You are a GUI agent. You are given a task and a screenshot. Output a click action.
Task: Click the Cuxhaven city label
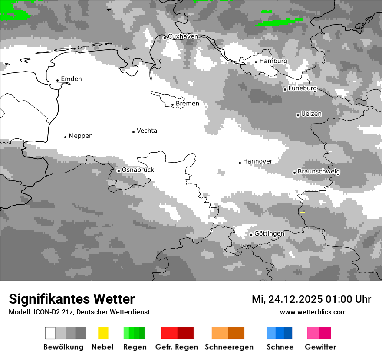point(183,36)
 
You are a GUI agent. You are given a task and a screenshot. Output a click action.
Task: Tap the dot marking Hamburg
point(256,62)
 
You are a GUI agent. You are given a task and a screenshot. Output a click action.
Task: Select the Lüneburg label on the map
point(303,88)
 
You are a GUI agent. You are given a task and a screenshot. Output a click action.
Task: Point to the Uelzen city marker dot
point(298,115)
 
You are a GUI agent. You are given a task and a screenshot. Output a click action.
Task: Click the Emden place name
point(71,79)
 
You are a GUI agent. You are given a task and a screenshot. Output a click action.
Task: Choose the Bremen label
point(188,104)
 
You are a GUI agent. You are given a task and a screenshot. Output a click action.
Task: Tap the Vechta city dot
point(134,132)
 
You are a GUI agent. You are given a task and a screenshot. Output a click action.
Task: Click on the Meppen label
point(81,136)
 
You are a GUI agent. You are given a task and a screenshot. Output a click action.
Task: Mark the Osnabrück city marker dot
point(119,171)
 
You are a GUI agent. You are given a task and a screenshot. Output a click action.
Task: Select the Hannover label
point(258,161)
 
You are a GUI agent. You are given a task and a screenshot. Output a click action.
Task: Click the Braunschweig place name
point(319,172)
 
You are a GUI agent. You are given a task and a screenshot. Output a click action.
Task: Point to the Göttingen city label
point(269,234)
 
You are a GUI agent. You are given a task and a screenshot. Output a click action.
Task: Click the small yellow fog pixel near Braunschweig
point(303,213)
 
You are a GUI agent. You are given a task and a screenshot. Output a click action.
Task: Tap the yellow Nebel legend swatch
point(103,333)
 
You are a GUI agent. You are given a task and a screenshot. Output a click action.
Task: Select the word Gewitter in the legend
point(320,347)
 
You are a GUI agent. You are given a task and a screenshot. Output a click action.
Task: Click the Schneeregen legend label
point(229,347)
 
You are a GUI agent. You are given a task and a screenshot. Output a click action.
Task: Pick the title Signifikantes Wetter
point(72,299)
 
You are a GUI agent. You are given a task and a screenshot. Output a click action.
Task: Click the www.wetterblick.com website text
point(313,312)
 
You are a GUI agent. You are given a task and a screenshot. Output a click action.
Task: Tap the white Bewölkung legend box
point(50,333)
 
